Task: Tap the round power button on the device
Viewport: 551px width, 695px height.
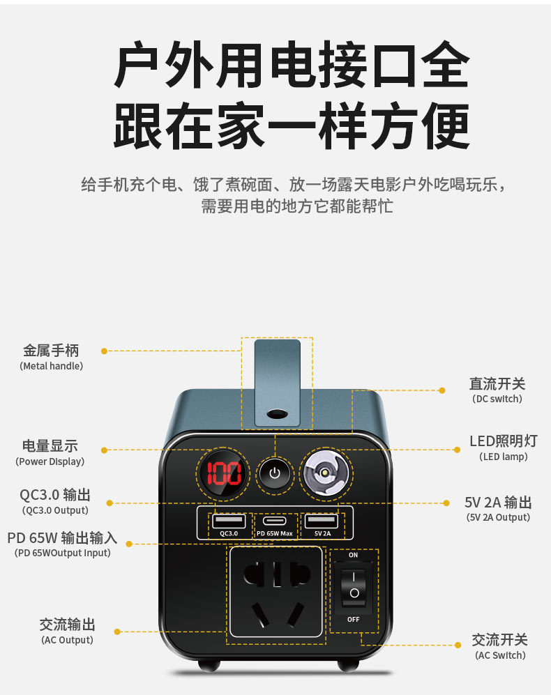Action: [x=274, y=474]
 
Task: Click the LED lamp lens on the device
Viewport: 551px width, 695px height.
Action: [x=325, y=474]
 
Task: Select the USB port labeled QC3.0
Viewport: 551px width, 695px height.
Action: [x=229, y=521]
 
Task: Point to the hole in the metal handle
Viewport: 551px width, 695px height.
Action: [x=277, y=413]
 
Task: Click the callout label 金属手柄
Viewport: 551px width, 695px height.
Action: [x=51, y=351]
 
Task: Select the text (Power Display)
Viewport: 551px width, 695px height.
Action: [x=50, y=461]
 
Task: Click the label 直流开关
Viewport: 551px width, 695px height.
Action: [x=497, y=383]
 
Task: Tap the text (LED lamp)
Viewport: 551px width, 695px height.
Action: [x=503, y=457]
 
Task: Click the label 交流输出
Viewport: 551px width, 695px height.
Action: [x=67, y=624]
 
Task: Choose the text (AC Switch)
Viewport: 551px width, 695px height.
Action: [x=500, y=655]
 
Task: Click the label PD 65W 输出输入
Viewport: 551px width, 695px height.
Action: [x=62, y=538]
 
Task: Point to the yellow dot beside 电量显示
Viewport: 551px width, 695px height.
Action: [x=105, y=450]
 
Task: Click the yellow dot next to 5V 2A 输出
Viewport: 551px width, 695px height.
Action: [x=446, y=503]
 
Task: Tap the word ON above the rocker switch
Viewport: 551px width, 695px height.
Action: [x=354, y=555]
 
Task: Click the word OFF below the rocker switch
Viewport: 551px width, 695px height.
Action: [x=354, y=619]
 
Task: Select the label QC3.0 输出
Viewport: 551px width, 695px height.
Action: [x=55, y=495]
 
